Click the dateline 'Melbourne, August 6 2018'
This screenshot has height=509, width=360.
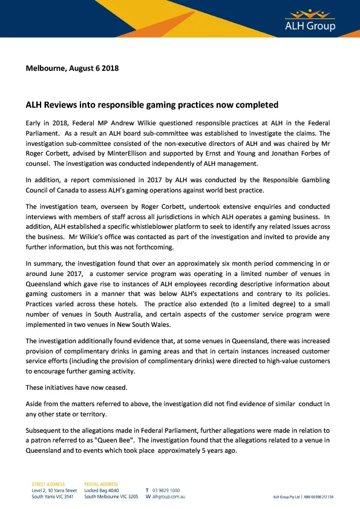coord(72,68)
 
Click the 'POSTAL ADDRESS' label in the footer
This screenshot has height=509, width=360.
coord(101,484)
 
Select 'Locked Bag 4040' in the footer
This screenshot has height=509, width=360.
coord(102,490)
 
